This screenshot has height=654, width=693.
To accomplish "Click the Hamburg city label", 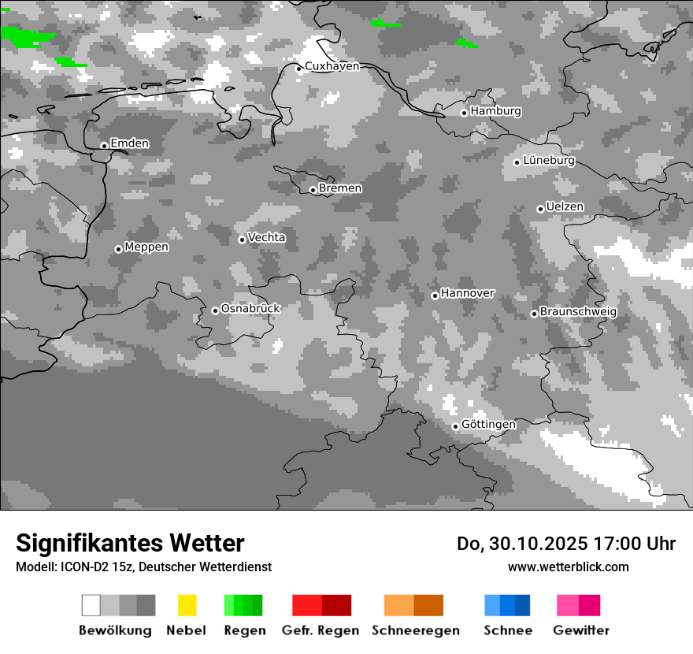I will click(x=495, y=111).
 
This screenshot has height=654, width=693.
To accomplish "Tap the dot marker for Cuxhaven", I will click(x=298, y=69).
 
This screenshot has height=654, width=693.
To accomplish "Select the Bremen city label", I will click(x=340, y=188).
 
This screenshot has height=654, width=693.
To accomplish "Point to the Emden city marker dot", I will click(x=104, y=146).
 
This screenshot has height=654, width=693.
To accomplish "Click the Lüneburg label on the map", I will click(x=549, y=161).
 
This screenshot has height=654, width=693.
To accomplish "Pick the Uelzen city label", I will click(x=565, y=206).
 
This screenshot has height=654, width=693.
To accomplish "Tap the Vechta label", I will click(x=267, y=237).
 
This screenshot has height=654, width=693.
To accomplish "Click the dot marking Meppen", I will click(x=118, y=249).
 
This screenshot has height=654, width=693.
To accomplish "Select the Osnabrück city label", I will click(x=250, y=308).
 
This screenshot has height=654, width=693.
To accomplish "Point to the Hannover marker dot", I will click(x=435, y=295).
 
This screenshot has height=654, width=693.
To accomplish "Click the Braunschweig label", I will click(x=578, y=311).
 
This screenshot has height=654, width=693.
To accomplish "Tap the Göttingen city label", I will click(x=488, y=424).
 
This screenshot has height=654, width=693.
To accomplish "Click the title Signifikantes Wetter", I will click(x=130, y=543).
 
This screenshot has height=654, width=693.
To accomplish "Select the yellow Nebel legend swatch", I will click(x=187, y=605).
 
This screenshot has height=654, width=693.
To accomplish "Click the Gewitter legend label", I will click(x=581, y=630).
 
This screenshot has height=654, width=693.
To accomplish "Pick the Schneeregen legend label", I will click(x=416, y=630).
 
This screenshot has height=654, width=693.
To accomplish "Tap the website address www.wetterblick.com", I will click(x=568, y=567).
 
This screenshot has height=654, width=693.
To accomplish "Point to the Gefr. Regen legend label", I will click(x=321, y=630).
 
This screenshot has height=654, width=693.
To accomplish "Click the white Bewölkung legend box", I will click(x=91, y=605).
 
